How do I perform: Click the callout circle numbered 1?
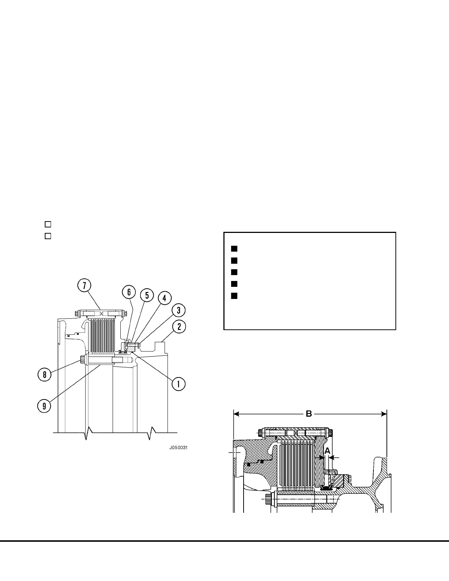tap(178, 384)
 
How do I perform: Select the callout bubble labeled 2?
tap(179, 326)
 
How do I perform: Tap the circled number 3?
tap(178, 310)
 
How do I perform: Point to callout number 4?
tap(164, 298)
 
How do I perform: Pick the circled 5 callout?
tap(147, 295)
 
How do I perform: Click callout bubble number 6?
tap(129, 292)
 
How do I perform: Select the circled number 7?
tap(84, 286)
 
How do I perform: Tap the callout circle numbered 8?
tap(44, 374)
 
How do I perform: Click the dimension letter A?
tap(328, 450)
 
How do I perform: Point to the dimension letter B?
tap(309, 414)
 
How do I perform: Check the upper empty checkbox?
tap(48, 224)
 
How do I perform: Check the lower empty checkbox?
tap(48, 236)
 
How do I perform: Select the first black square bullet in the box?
tap(234, 249)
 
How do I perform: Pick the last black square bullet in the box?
tap(234, 296)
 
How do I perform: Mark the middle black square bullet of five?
tap(234, 272)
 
